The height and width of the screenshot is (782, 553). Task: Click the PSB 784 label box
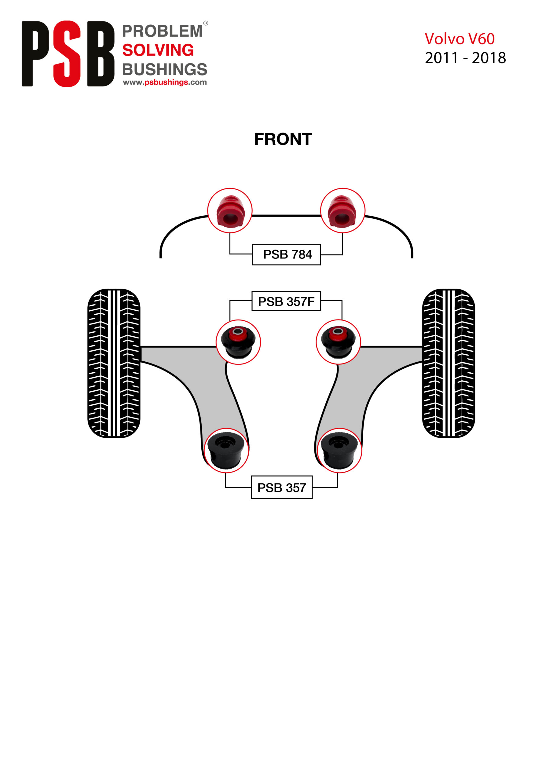(x=286, y=254)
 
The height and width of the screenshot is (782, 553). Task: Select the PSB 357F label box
(x=286, y=301)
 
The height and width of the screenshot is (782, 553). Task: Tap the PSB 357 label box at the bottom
(x=281, y=488)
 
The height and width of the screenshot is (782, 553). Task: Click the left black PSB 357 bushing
(x=226, y=451)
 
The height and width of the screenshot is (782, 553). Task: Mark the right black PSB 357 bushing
(x=339, y=451)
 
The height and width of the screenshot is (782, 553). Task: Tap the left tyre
(x=114, y=363)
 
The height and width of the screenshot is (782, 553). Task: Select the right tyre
(x=449, y=363)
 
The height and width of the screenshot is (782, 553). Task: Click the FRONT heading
(x=283, y=139)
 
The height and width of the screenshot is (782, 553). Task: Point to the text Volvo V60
(x=459, y=39)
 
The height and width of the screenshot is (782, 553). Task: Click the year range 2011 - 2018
(x=465, y=58)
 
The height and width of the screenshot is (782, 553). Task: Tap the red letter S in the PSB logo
(x=67, y=54)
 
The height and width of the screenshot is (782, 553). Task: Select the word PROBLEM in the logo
(x=162, y=31)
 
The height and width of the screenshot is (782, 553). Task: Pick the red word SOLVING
(x=158, y=50)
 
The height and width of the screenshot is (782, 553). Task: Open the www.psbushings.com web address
(x=165, y=82)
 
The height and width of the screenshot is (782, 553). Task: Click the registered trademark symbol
(x=205, y=23)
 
